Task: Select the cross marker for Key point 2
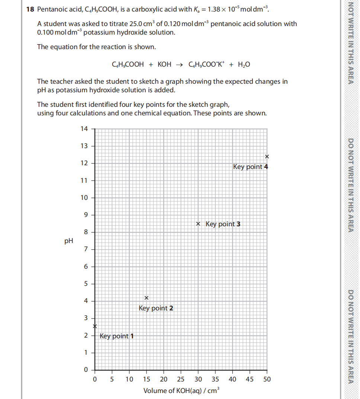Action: (147, 298)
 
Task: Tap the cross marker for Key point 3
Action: (198, 224)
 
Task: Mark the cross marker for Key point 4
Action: (267, 156)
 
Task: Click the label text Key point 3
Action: (223, 224)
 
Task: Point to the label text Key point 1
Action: (117, 336)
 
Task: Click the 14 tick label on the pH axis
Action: (84, 129)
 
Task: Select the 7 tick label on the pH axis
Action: (86, 249)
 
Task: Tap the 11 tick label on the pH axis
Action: (84, 181)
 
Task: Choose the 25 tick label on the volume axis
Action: (181, 379)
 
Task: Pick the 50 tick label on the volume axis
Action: (267, 379)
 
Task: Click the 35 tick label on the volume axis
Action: (215, 379)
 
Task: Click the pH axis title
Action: (68, 241)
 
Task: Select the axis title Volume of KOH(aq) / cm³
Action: (182, 390)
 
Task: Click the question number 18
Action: (30, 9)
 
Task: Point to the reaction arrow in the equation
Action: (179, 64)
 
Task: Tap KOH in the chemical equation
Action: (164, 64)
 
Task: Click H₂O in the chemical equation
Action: (243, 64)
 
